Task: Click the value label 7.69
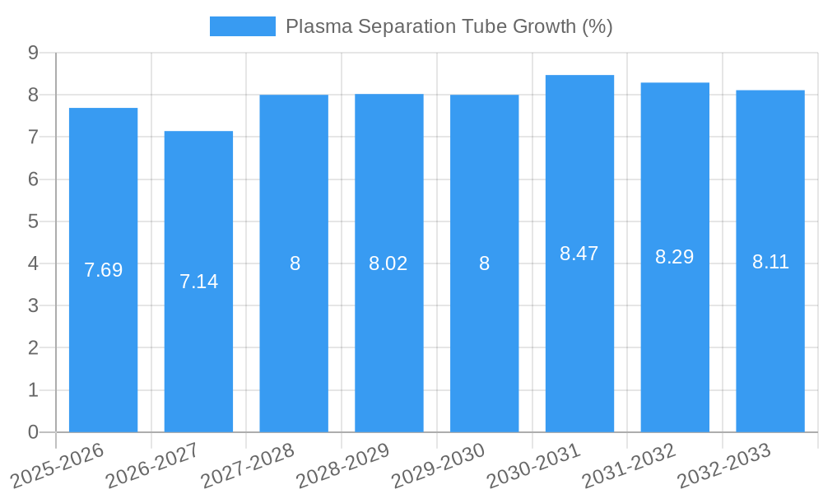103,270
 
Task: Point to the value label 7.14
198,282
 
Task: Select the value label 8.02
388,263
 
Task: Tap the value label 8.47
579,254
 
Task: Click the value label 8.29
674,257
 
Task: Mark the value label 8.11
770,262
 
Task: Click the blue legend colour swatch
242,26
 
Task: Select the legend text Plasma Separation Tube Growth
449,26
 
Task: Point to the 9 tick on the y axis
33,53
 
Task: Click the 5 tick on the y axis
33,221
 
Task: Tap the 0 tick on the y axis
33,432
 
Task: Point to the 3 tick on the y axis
33,305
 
